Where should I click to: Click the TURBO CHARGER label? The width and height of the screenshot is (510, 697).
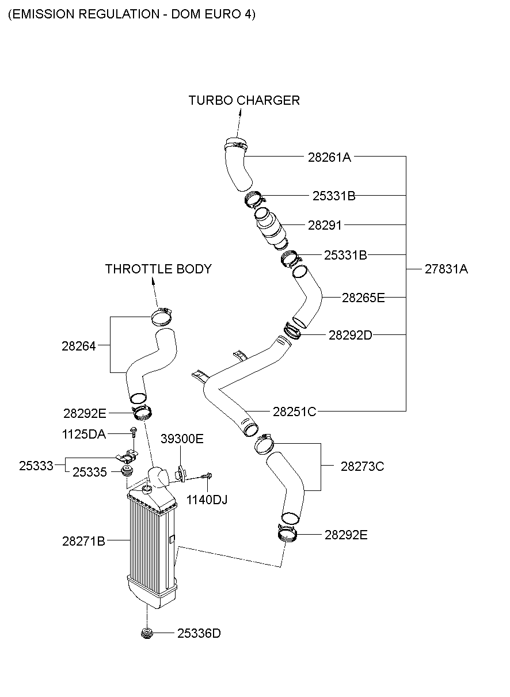(244, 101)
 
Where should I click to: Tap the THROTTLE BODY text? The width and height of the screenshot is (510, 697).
(158, 269)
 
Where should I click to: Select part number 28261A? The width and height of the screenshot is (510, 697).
(329, 157)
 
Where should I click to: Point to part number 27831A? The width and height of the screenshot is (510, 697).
(446, 269)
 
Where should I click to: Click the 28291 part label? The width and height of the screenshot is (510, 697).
(325, 226)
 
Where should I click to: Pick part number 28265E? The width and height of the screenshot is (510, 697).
(363, 298)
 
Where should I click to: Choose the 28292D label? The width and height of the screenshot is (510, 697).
(350, 335)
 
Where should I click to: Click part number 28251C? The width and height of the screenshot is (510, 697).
(294, 412)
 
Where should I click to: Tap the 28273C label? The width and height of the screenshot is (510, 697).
(362, 466)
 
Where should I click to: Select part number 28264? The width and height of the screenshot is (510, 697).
(79, 346)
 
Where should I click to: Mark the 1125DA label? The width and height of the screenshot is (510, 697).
(84, 434)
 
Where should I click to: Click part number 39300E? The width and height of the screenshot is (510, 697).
(182, 439)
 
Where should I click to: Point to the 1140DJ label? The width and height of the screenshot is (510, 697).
(207, 500)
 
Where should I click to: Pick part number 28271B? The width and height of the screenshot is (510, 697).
(83, 541)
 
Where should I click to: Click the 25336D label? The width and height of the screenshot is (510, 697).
(199, 634)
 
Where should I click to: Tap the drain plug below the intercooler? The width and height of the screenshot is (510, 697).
(147, 634)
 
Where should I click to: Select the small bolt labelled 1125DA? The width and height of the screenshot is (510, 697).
(134, 433)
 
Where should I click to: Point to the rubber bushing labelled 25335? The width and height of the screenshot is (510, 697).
(125, 473)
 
